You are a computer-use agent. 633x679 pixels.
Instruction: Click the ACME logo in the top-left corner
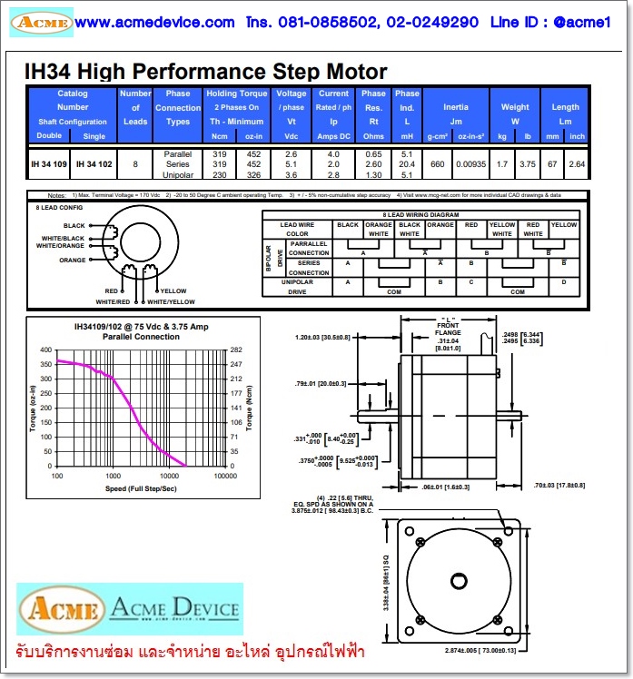(42, 22)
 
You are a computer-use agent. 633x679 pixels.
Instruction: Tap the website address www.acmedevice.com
(154, 22)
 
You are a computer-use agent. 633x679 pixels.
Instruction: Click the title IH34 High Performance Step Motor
(205, 72)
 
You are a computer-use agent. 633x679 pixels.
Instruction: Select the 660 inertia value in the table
(437, 164)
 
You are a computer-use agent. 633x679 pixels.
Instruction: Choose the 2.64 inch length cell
(576, 164)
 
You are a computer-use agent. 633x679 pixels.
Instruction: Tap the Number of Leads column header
(135, 107)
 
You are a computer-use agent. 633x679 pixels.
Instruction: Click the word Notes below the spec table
(56, 195)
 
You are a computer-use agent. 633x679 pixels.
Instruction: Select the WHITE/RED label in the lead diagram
(113, 300)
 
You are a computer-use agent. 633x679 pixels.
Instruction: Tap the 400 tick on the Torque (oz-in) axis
(46, 349)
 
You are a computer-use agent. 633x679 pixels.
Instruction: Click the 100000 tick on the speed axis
(223, 476)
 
